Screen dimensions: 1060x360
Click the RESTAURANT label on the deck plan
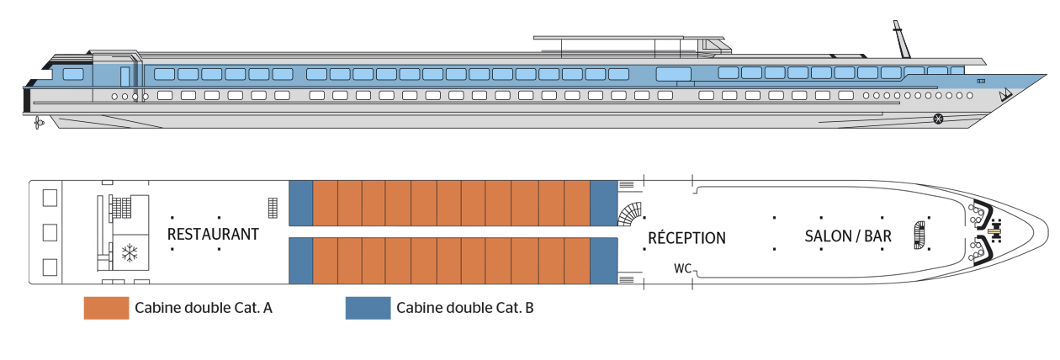[213, 234]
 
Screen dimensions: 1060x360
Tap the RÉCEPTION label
[686, 237]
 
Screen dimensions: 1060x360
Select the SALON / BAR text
[848, 236]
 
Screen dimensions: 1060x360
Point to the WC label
[682, 268]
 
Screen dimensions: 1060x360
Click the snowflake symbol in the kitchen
[130, 253]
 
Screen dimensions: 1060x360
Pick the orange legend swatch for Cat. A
[107, 308]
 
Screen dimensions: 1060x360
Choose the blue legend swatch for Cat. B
[368, 308]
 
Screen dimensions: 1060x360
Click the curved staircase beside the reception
[630, 214]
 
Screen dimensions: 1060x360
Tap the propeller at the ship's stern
[39, 124]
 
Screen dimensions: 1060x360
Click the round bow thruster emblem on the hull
[938, 119]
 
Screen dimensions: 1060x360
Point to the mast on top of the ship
[902, 40]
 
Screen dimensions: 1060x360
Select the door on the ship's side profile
[125, 77]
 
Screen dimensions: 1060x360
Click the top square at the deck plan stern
[50, 198]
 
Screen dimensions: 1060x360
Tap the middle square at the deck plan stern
[50, 232]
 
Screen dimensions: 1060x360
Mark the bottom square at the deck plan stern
[50, 267]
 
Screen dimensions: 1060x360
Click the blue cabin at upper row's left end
[301, 203]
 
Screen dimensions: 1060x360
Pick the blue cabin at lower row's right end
[604, 261]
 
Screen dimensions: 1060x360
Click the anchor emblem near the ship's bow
[1004, 96]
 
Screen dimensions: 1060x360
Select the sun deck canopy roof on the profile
[629, 38]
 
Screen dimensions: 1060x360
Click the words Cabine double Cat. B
[464, 308]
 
